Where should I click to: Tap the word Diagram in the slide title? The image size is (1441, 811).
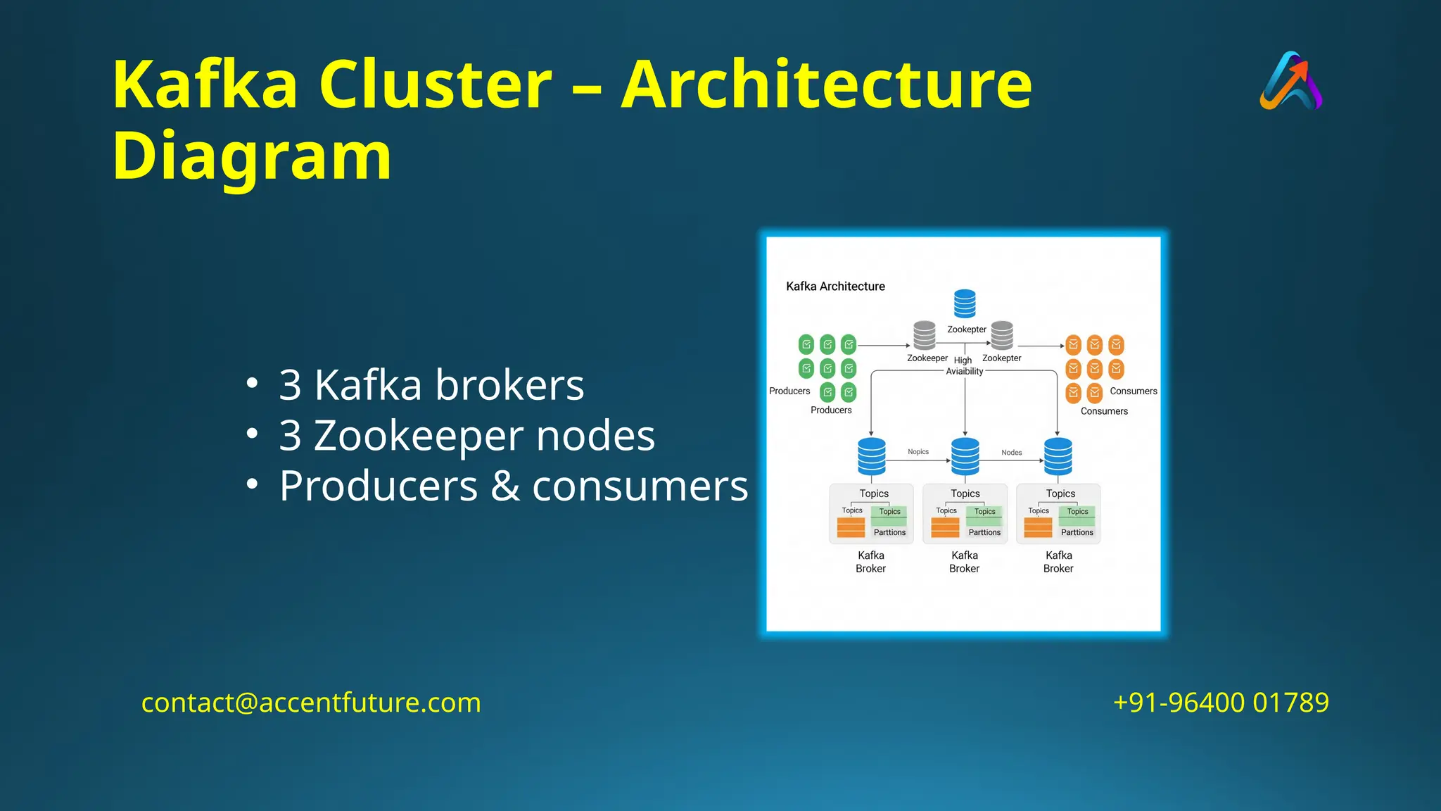click(252, 156)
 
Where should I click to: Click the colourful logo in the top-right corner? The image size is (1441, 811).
click(1291, 81)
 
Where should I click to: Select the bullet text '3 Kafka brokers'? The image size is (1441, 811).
click(431, 385)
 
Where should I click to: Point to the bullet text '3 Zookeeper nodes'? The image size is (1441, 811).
click(466, 436)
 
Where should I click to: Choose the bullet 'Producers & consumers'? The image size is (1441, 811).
click(513, 486)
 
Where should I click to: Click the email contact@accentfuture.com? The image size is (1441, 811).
click(311, 703)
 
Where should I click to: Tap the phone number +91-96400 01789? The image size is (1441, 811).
click(1221, 703)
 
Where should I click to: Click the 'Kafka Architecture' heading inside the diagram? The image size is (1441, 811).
click(835, 287)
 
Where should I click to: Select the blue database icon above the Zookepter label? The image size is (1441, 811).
click(965, 303)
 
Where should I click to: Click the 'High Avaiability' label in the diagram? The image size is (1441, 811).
click(964, 366)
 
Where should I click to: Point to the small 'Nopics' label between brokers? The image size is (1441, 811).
click(918, 452)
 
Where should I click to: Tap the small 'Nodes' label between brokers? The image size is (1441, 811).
click(1011, 453)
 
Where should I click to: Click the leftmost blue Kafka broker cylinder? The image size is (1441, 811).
click(872, 457)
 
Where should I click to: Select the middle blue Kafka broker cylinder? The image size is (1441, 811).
click(965, 457)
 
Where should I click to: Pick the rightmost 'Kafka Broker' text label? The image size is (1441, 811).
click(1058, 562)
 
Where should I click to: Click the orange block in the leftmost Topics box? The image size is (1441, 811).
click(851, 527)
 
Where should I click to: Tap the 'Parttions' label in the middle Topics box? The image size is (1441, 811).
click(984, 532)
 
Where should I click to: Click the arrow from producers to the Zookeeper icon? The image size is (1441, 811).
click(884, 346)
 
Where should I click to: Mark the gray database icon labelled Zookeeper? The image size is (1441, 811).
click(924, 335)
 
